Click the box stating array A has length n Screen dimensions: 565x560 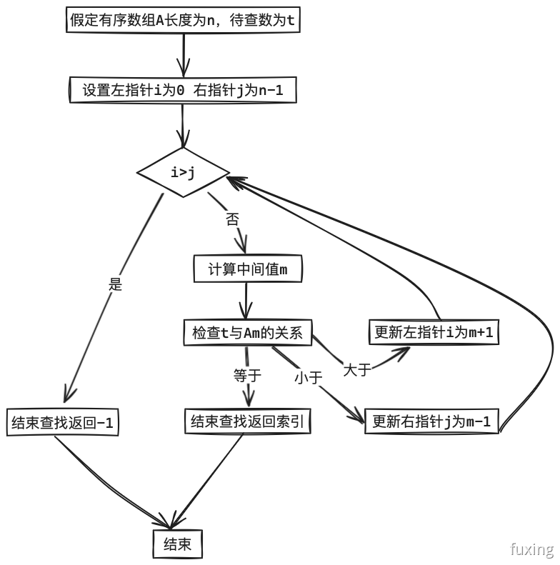[183, 20]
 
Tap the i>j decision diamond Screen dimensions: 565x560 [183, 171]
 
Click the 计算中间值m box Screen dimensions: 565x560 [247, 269]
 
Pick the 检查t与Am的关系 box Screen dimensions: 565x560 [246, 332]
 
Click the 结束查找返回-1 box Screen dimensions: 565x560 [62, 422]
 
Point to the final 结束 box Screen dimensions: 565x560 [178, 544]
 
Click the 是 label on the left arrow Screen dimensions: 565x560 [115, 284]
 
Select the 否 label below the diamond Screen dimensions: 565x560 [232, 219]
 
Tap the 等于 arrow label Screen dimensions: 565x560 [248, 374]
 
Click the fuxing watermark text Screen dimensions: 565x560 [532, 549]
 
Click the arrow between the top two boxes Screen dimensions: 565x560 [184, 54]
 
